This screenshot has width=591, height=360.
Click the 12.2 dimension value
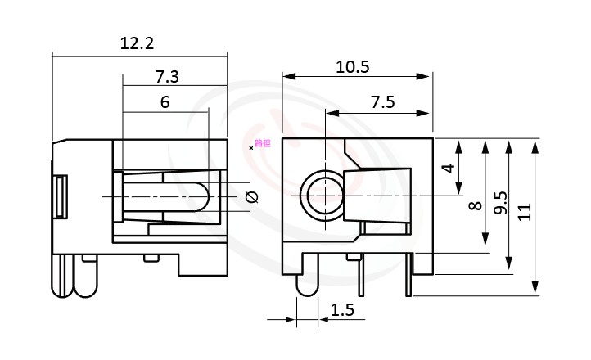[137, 43]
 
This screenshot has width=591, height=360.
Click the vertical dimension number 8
[474, 206]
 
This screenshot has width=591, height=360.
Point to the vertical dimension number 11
[525, 211]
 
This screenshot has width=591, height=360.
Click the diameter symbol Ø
[251, 197]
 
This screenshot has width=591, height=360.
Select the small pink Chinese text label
[262, 144]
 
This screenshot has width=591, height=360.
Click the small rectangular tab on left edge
[59, 196]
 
